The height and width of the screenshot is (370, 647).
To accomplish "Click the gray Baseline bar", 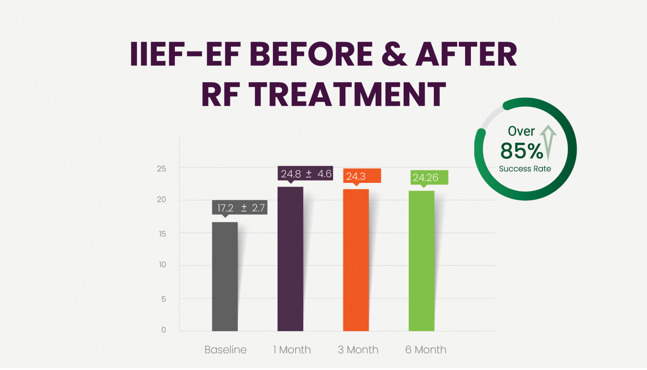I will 225,276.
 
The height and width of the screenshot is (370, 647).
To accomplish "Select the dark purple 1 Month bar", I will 290,259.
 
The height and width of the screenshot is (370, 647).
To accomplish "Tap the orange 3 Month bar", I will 356,260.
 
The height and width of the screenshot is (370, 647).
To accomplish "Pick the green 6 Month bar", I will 421,261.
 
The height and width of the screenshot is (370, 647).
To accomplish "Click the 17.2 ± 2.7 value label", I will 240,208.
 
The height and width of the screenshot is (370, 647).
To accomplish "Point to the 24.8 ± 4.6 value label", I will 305,174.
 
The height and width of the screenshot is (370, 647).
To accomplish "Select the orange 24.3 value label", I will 362,176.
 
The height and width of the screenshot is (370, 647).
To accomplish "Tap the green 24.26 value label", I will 429,177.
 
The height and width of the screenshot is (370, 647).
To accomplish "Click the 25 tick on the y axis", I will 161,169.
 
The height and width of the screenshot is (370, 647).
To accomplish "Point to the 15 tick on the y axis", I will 162,234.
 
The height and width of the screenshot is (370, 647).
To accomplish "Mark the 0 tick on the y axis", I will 163,330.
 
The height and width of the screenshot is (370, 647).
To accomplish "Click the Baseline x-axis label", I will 225,350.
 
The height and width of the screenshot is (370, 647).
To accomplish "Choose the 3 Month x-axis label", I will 358,350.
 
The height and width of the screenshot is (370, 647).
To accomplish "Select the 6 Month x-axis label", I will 425,350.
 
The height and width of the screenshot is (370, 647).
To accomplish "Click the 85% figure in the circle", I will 521,151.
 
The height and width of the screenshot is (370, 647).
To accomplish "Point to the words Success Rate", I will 525,169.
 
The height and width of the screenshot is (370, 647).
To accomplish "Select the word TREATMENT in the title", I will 347,94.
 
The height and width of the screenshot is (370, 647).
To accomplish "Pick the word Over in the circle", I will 521,131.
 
